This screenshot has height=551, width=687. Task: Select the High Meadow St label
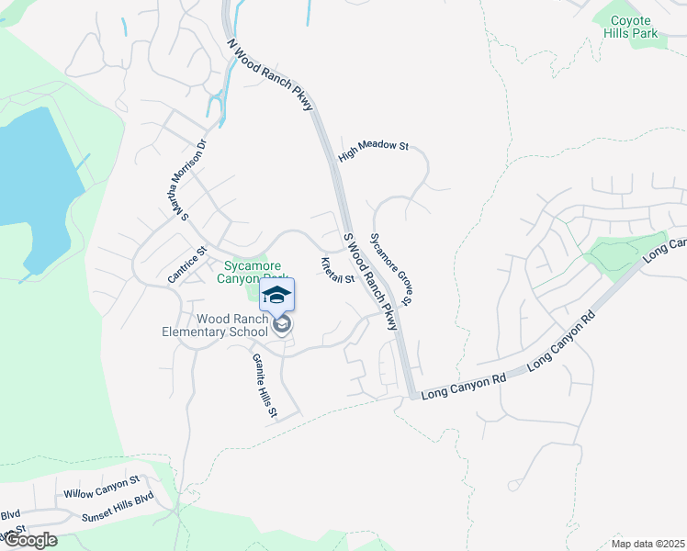372,152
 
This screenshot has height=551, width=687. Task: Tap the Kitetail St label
337,272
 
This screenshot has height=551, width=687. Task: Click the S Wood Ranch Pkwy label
370,282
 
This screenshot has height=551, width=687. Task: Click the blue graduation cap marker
276,295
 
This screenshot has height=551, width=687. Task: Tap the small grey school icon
282,324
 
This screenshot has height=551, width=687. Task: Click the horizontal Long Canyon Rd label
464,390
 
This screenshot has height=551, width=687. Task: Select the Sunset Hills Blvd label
118,508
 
